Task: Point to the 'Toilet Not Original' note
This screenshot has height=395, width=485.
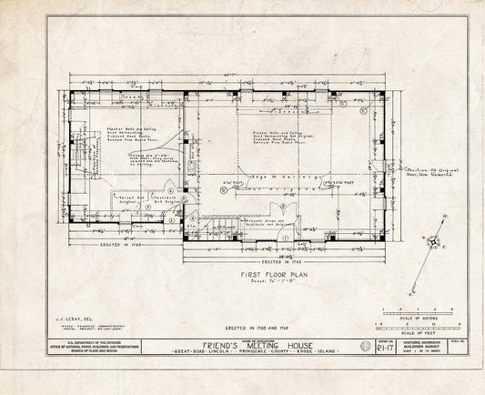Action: click(126, 197)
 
